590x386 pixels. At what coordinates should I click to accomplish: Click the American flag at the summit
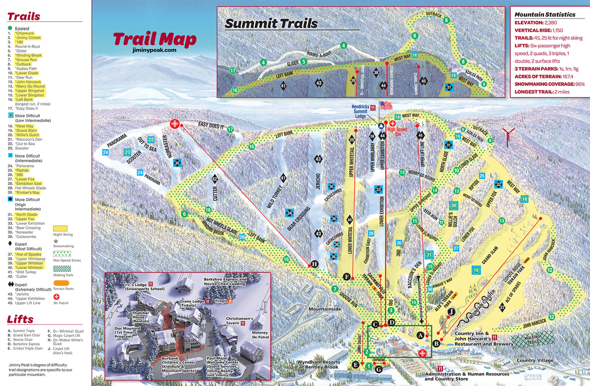click(x=386, y=105)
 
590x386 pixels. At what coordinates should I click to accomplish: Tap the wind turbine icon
click(x=508, y=136)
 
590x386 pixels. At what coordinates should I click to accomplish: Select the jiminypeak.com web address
click(x=155, y=50)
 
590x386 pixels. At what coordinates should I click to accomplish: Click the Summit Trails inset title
click(x=271, y=24)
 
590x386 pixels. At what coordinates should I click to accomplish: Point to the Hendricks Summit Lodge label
click(x=360, y=111)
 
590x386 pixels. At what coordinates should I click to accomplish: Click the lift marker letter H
click(x=314, y=264)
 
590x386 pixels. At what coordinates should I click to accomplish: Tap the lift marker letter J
click(x=451, y=312)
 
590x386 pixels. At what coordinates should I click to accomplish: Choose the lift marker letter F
click(x=347, y=277)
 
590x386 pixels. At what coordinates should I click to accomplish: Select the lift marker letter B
click(x=436, y=343)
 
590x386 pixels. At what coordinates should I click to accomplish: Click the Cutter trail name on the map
click(x=215, y=193)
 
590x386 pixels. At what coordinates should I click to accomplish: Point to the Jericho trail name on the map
click(x=318, y=181)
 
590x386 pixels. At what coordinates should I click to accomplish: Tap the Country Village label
click(x=535, y=360)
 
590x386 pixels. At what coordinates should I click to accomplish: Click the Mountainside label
click(x=325, y=309)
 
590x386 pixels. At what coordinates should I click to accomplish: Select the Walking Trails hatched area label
click(x=532, y=339)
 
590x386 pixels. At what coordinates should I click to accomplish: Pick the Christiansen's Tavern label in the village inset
click(x=239, y=321)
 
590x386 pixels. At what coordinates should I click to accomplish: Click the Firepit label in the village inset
click(x=221, y=301)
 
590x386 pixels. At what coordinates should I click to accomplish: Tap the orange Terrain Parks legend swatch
click(x=61, y=283)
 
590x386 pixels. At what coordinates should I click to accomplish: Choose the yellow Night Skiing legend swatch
click(x=60, y=229)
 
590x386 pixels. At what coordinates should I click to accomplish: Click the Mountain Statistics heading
click(x=545, y=14)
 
